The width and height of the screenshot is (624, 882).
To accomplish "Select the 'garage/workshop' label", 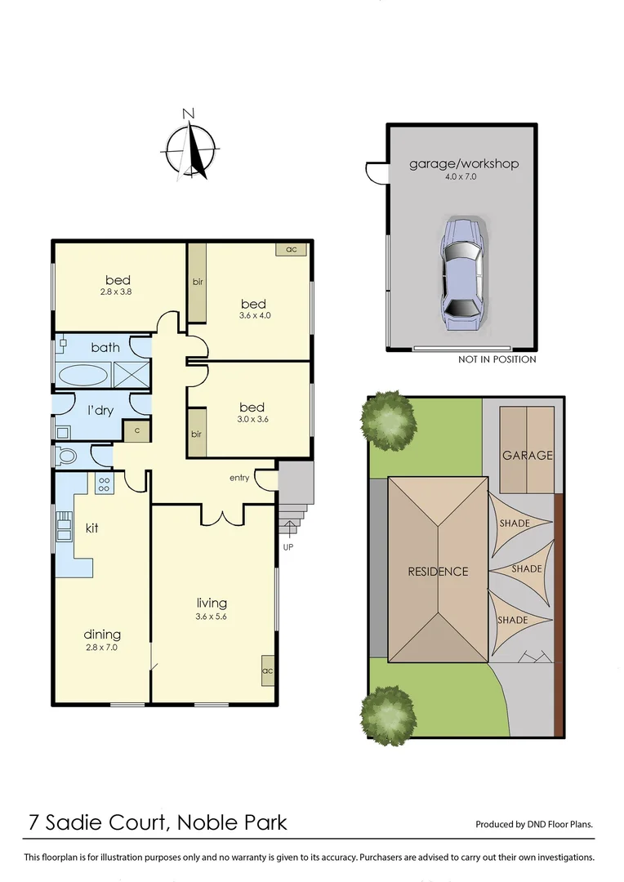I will coord(463,163).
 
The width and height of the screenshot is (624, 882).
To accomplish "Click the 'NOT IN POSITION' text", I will coord(497,359).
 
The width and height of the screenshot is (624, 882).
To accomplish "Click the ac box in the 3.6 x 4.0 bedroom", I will coord(290,249).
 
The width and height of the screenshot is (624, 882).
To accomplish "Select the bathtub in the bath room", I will coord(82,376).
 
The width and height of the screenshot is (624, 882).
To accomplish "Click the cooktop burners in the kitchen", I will coord(105,483).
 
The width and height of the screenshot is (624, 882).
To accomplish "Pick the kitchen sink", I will coord(64,529).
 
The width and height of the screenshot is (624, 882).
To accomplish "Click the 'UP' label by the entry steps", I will coord(287,546).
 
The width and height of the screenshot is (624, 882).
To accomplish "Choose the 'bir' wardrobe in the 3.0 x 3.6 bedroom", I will coord(196,434).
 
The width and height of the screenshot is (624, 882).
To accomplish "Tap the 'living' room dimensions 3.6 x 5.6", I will coord(211,617).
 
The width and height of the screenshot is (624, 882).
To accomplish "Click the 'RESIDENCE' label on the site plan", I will coord(438,572).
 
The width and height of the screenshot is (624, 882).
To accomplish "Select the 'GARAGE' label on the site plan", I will coord(527,456).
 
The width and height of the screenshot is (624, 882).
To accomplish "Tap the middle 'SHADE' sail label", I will coord(526,568).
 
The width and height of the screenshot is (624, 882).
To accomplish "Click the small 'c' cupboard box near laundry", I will coord(136,430).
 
